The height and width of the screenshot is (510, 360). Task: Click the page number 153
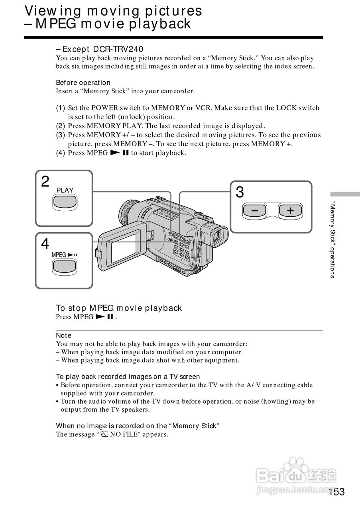[x=336, y=492]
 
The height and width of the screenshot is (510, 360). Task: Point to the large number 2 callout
[x=45, y=182]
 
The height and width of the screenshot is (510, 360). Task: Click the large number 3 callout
[x=240, y=193]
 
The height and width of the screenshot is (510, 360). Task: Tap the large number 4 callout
[x=45, y=243]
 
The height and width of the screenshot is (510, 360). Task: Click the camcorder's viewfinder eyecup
[x=217, y=238]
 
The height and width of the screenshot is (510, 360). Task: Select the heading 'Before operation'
[x=83, y=82]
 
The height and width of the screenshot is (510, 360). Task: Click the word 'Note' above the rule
[x=64, y=335]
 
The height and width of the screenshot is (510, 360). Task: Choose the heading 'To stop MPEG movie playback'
[x=118, y=308]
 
